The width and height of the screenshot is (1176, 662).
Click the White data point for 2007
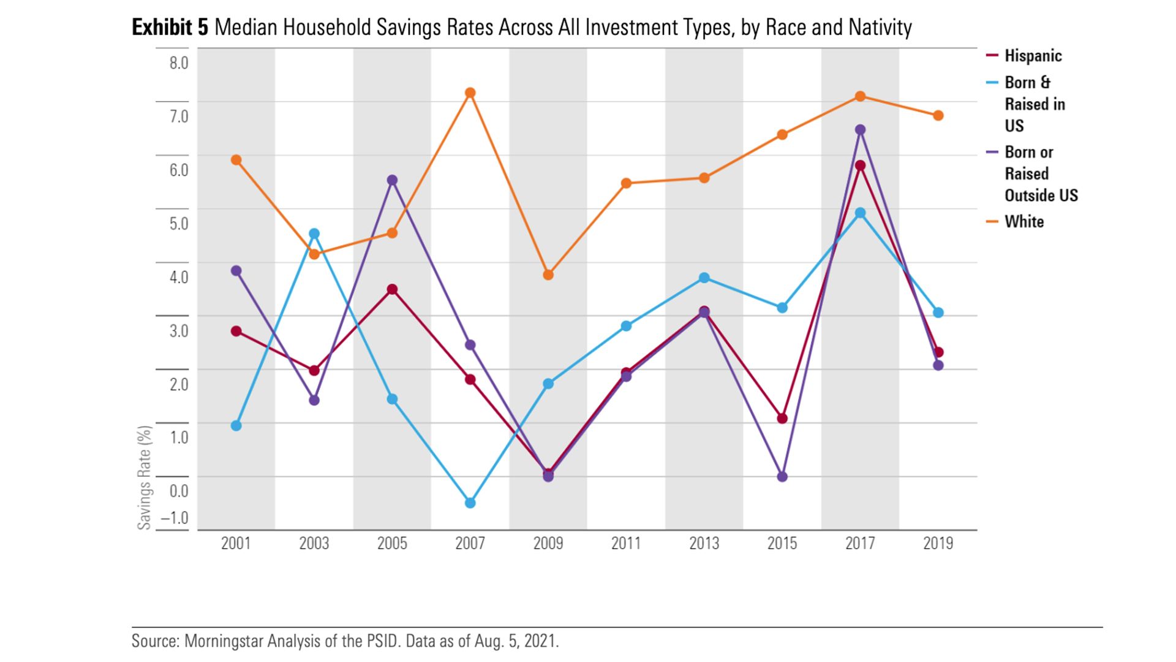[x=470, y=93]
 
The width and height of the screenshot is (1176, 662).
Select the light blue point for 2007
[x=470, y=503]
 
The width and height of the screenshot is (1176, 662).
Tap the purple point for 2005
[x=392, y=180]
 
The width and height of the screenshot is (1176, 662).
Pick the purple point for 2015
[x=782, y=476]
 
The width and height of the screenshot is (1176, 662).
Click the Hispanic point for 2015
[x=782, y=419]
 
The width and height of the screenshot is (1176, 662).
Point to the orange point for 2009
[x=548, y=275]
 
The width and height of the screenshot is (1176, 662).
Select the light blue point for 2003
[x=314, y=234]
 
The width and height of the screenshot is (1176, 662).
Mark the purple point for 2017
[x=860, y=130]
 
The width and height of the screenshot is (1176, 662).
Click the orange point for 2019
[x=938, y=116]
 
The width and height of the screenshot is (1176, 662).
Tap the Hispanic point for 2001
[x=236, y=331]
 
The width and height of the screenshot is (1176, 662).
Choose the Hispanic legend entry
[x=1033, y=56]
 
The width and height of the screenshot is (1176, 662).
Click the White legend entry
[x=1023, y=222]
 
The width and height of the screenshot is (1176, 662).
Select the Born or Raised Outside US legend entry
[x=1040, y=174]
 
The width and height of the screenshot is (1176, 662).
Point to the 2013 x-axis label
[x=704, y=543]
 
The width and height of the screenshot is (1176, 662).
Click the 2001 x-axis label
[x=236, y=543]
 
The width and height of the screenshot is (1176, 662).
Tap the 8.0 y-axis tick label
[x=179, y=63]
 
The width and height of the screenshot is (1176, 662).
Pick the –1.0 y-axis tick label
[x=175, y=518]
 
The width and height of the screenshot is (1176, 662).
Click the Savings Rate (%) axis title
[x=145, y=477]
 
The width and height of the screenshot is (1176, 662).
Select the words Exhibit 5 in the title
[x=170, y=28]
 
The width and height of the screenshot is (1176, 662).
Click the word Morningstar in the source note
[x=222, y=641]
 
